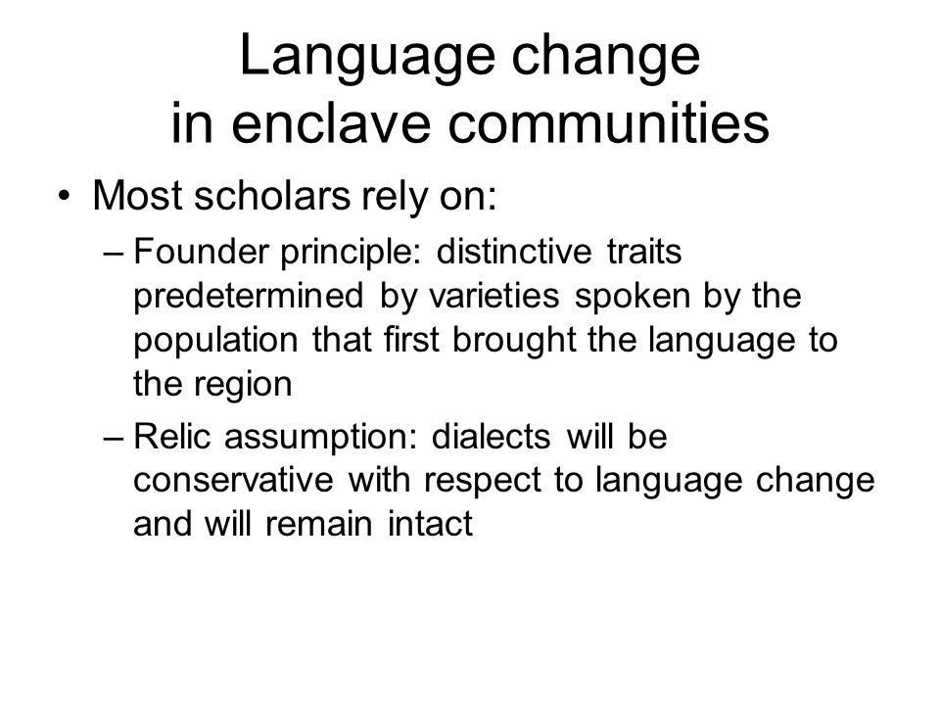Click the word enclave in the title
point(331,122)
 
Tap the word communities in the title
point(608,122)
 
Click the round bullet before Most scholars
point(65,196)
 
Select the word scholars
point(272,195)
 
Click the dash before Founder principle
point(113,254)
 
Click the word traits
point(644,251)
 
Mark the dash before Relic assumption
point(113,439)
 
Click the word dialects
point(491,436)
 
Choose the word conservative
point(233,480)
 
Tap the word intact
point(431,523)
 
